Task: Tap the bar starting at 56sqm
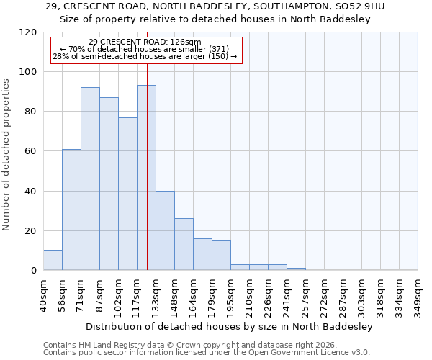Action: pyautogui.click(x=71, y=210)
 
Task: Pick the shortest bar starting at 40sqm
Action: pyautogui.click(x=53, y=260)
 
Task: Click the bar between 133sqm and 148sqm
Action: pyautogui.click(x=165, y=230)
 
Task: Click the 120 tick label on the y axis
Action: pyautogui.click(x=28, y=32)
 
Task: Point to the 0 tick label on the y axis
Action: pyautogui.click(x=34, y=271)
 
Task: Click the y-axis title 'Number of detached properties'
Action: pyautogui.click(x=7, y=155)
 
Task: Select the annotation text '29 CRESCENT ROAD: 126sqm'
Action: pyautogui.click(x=145, y=42)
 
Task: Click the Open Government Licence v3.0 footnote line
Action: pyautogui.click(x=207, y=353)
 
